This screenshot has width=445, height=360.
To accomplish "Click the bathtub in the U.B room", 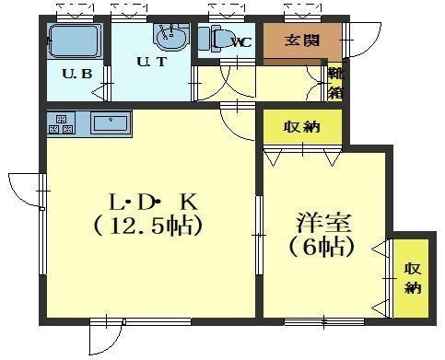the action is tap(75, 41).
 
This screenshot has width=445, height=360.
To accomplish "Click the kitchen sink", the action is tap(111, 122).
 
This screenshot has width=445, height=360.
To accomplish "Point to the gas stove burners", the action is tap(61, 123).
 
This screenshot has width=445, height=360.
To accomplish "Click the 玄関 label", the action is tap(302, 41).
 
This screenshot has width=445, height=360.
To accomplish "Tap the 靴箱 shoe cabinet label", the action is tap(335, 83).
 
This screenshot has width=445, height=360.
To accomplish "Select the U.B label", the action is tap(76, 74).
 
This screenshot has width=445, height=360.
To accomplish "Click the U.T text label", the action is tap(152, 62).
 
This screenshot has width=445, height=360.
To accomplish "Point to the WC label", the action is tap(242, 42).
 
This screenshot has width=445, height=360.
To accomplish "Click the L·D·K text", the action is tap(154, 203).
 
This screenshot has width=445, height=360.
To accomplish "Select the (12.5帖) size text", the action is tap(148, 226).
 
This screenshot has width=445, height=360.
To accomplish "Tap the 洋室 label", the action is tap(322, 223).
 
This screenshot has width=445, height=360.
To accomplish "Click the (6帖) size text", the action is tap(322, 247).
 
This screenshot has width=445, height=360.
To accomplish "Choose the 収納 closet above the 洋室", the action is tap(302, 126).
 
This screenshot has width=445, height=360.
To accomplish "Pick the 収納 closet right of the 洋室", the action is tap(412, 278).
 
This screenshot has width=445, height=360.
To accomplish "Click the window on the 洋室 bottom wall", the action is tap(324, 322).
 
